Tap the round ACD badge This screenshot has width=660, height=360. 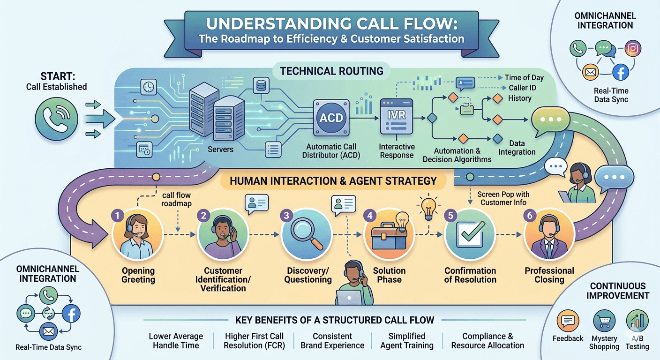(x=330, y=118)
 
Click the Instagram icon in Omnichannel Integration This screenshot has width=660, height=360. (x=633, y=48)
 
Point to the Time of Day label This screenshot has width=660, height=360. (x=524, y=77)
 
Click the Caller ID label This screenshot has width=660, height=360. (x=522, y=88)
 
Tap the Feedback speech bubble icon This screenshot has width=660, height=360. (x=568, y=321)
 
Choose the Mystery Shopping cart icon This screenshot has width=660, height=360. (x=604, y=321)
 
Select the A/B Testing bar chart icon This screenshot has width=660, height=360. (x=637, y=321)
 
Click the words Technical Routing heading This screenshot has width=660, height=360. (x=331, y=71)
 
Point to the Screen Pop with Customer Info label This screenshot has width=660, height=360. (x=503, y=198)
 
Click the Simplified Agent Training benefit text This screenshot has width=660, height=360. (x=407, y=341)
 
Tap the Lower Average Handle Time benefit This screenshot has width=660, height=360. (x=176, y=341)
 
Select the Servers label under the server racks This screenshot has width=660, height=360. (x=220, y=149)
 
